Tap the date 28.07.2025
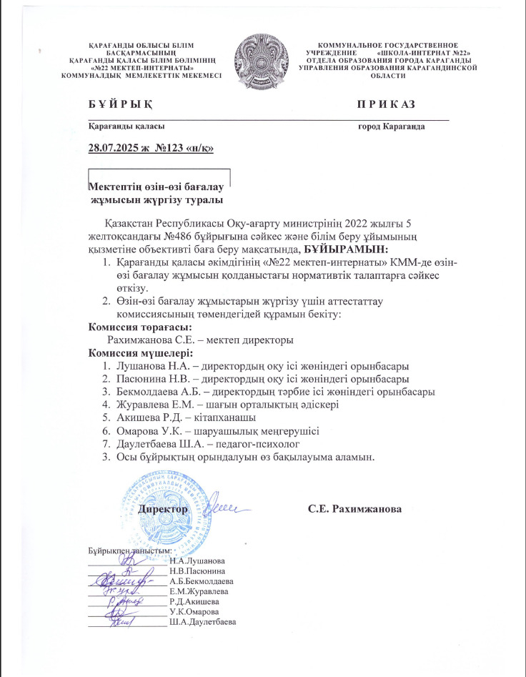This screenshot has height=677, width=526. point(111,149)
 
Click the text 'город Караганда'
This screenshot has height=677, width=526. point(391,127)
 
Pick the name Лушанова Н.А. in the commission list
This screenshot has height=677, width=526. point(147,365)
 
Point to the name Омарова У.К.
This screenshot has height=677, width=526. point(144,430)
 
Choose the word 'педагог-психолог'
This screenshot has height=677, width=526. point(235,443)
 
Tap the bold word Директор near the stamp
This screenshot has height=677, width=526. point(164,509)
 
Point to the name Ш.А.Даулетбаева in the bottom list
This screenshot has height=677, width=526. point(203,623)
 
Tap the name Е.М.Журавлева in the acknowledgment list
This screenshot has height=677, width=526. point(199,592)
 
